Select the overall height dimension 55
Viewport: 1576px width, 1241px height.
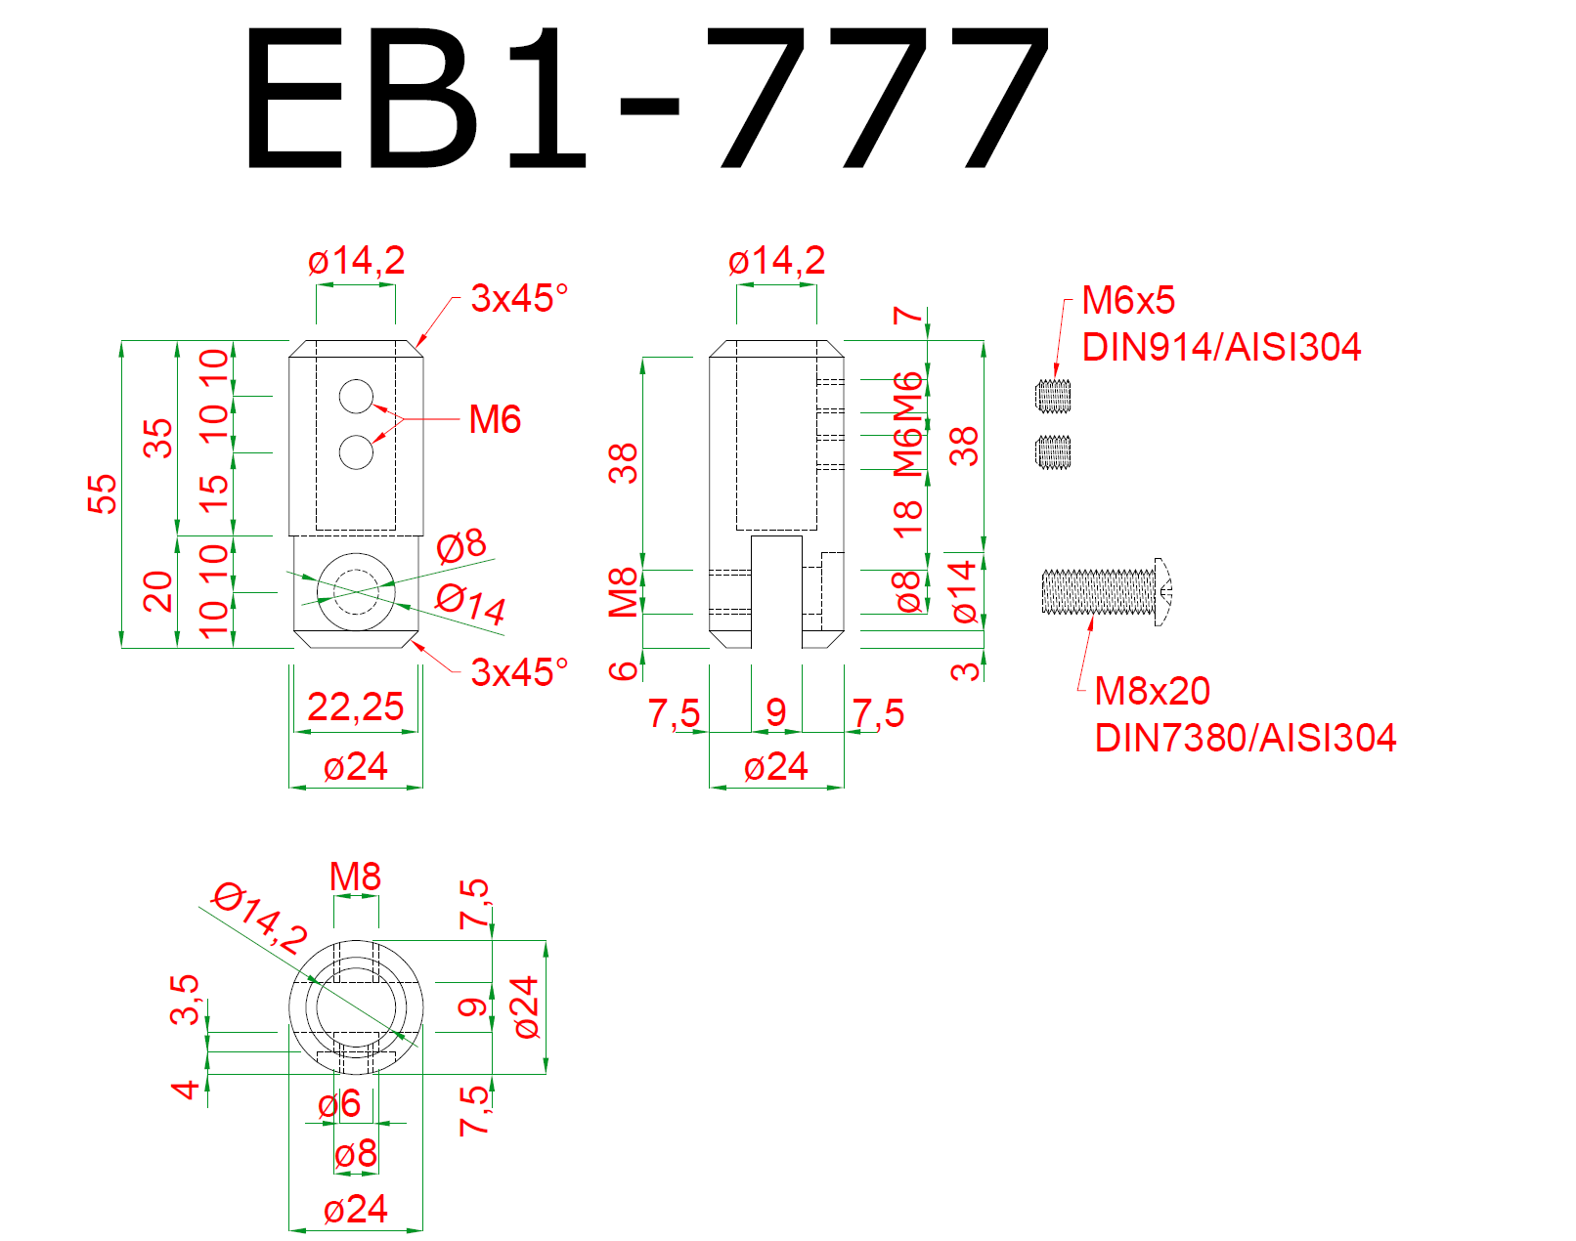[102, 493]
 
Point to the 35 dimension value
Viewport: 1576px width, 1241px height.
[157, 439]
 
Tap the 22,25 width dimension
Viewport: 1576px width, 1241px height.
[355, 706]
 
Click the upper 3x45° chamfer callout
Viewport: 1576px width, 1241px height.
[518, 298]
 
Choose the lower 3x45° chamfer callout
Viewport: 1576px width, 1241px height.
[518, 672]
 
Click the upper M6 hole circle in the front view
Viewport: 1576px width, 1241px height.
[356, 396]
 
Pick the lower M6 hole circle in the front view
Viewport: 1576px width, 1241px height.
[356, 452]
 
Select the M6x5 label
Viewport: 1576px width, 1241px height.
[1128, 301]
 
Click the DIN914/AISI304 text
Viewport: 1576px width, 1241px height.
[1221, 347]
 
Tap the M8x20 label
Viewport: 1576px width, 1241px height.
[1152, 691]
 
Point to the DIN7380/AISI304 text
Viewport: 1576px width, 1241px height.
[1245, 738]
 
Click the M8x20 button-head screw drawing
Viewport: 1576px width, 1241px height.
[1105, 592]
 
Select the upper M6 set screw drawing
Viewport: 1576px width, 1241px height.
[1052, 395]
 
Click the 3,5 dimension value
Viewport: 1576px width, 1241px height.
[185, 999]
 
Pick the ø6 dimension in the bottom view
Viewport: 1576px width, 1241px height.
[339, 1104]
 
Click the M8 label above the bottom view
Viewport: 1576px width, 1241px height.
[355, 877]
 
